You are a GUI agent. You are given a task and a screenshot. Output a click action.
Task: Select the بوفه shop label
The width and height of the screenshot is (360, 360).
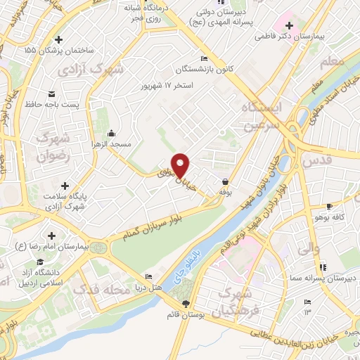click(x=225, y=191)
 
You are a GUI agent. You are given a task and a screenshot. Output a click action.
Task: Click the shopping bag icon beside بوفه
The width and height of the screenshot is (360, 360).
click(x=225, y=181)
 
